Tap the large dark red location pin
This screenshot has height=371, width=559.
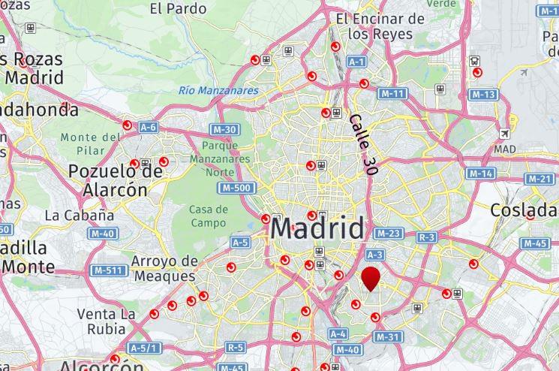point(371,279)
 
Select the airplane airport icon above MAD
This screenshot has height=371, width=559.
point(504,134)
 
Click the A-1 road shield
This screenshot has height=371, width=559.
point(356,62)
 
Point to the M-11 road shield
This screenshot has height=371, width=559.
point(392,94)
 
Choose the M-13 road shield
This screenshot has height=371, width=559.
point(483,95)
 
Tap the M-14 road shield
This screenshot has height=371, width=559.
point(480,173)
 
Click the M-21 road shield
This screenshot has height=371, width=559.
point(540,179)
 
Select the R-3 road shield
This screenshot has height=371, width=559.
point(427,237)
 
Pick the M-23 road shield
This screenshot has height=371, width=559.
point(388,234)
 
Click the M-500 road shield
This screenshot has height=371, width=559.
point(236,187)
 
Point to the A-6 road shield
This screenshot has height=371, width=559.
point(149,128)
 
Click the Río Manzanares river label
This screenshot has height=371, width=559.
point(218,91)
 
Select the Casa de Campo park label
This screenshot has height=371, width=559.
point(209,216)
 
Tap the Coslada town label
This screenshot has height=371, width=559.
point(524,210)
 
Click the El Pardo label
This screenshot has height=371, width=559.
point(178,9)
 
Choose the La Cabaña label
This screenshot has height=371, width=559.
point(80,215)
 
